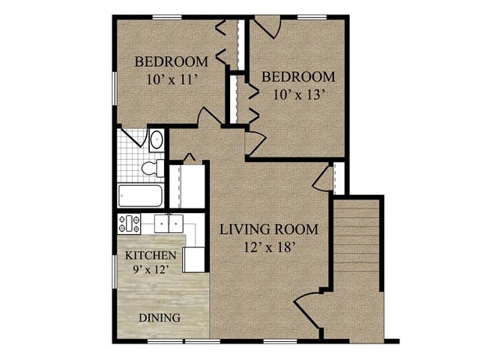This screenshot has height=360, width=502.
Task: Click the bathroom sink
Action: pyautogui.click(x=157, y=139)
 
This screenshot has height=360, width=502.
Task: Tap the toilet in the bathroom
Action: pyautogui.click(x=154, y=166)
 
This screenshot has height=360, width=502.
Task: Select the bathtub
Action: pyautogui.click(x=139, y=196)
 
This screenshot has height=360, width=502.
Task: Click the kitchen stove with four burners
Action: pyautogui.click(x=130, y=222)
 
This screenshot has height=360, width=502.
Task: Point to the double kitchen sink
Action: pyautogui.click(x=169, y=223)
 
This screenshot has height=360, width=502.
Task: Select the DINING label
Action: pyautogui.click(x=160, y=317)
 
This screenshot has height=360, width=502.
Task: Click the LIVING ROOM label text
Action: pyautogui.click(x=269, y=229)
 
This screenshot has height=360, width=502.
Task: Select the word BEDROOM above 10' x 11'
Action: pyautogui.click(x=170, y=61)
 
